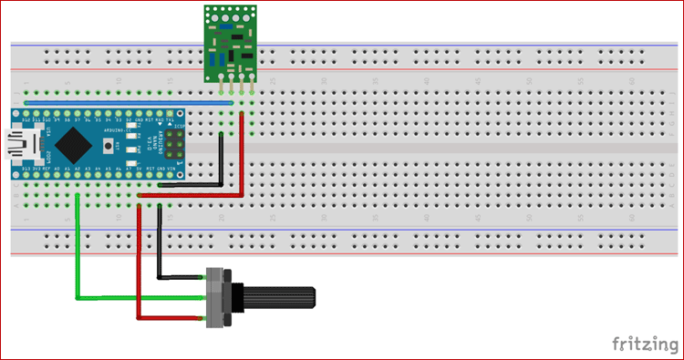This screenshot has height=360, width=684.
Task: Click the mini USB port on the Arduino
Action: pyautogui.click(x=17, y=143)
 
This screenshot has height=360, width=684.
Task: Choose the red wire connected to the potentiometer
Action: pyautogui.click(x=139, y=273)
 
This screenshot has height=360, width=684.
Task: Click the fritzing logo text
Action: pyautogui.click(x=643, y=344)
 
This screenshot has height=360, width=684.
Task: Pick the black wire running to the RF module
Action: pyautogui.click(x=221, y=164)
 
